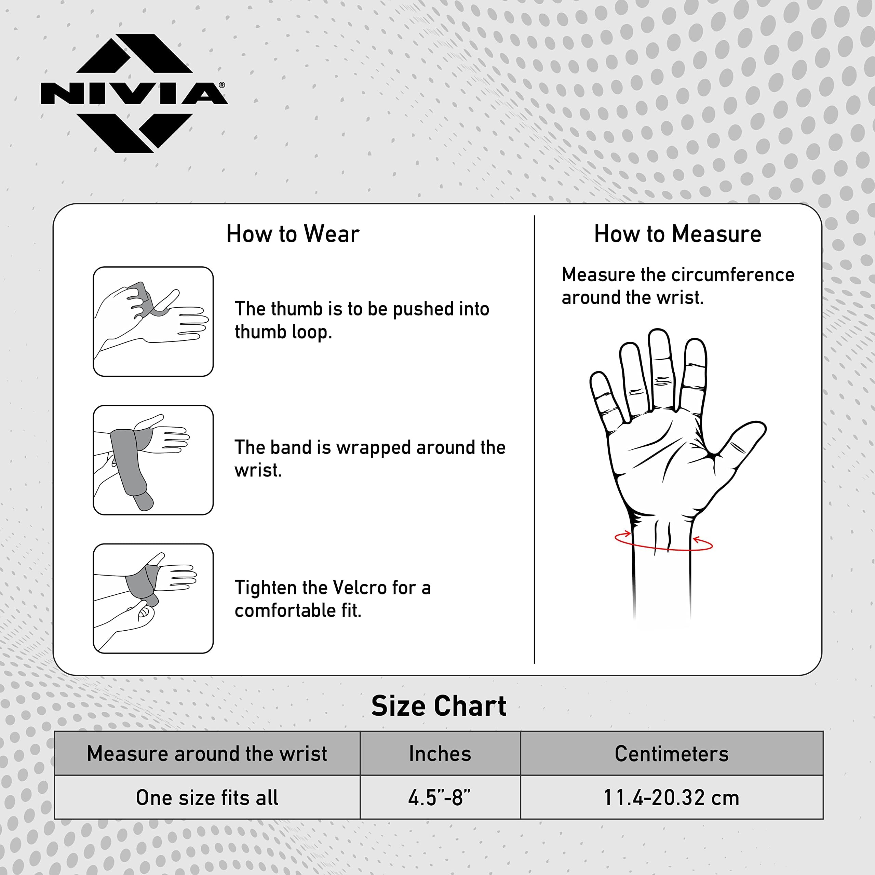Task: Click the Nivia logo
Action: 134,93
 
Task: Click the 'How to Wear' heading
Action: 293,234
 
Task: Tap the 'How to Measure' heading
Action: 677,234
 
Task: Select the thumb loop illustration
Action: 153,322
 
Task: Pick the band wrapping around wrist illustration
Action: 153,460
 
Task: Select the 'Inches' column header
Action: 440,754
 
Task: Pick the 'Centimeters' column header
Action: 672,754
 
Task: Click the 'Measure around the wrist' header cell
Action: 207,754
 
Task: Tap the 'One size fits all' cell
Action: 207,797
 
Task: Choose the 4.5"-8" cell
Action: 440,797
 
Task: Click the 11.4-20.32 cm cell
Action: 672,797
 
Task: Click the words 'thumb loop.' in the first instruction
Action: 283,332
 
